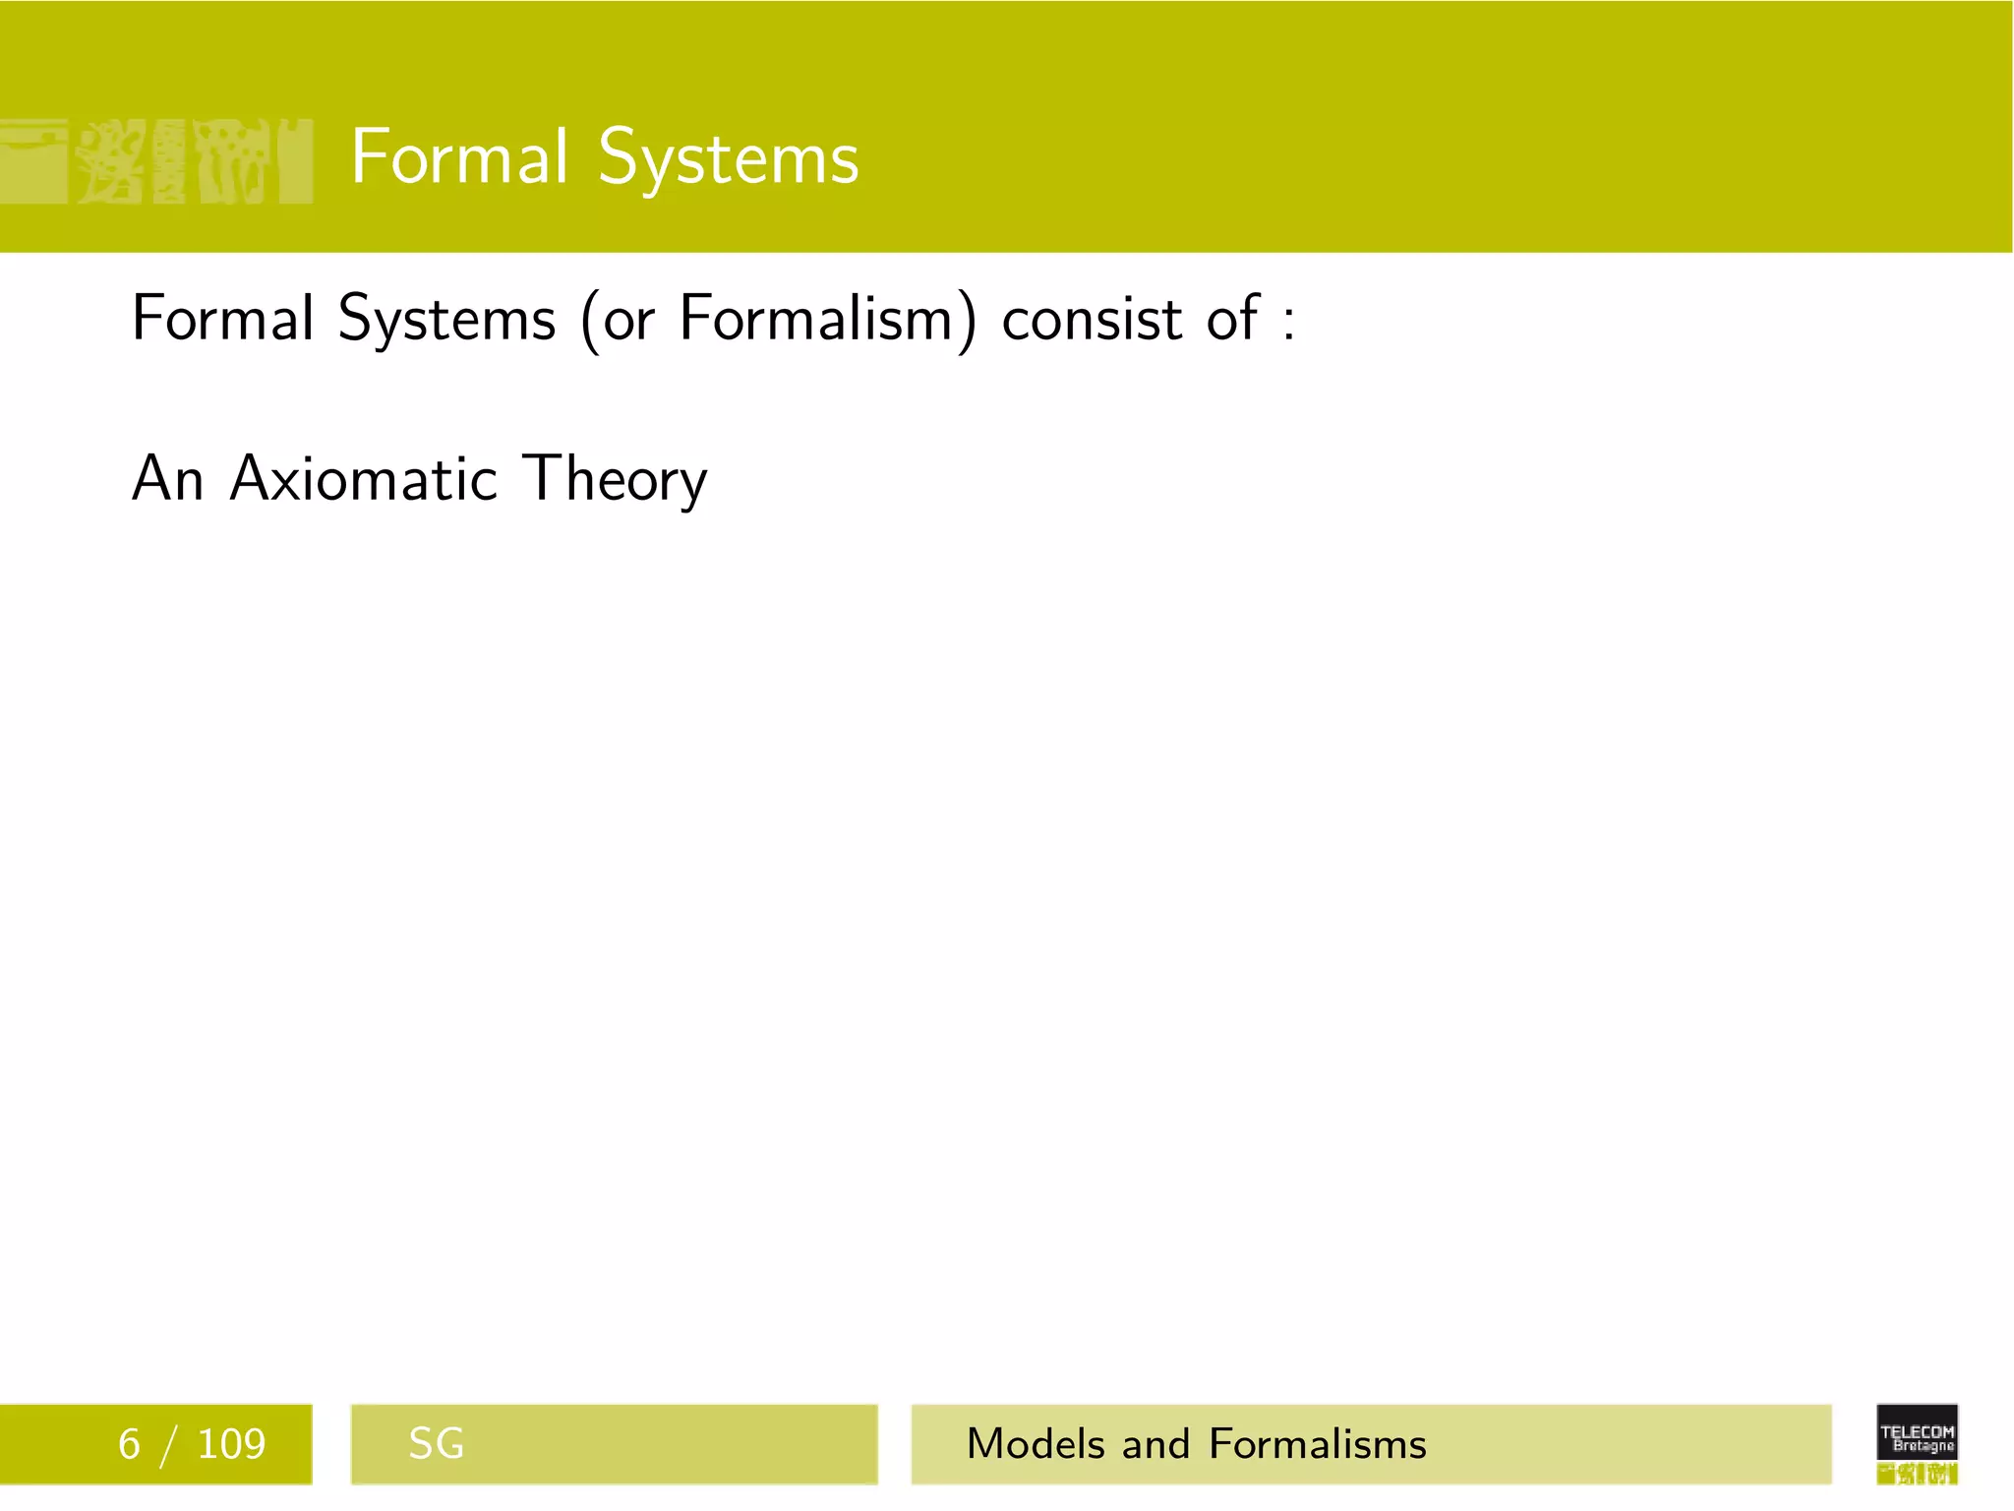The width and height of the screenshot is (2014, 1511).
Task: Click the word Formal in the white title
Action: click(459, 157)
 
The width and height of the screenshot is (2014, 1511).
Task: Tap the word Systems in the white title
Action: click(729, 159)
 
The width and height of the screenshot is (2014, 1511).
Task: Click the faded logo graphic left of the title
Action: click(157, 160)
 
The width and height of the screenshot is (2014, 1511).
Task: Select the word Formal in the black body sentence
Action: click(223, 319)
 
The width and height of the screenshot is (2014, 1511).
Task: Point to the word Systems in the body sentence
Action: click(446, 321)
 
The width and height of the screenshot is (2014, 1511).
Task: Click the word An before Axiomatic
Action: click(168, 479)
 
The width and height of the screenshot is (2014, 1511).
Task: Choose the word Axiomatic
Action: click(364, 479)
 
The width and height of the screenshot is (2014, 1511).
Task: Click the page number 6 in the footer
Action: click(129, 1444)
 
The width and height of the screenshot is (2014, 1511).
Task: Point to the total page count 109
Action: click(231, 1444)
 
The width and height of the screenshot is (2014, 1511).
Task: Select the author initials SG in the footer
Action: click(436, 1444)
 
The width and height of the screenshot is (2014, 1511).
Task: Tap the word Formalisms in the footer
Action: click(1318, 1444)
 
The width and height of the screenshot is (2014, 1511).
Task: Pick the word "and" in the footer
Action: click(1155, 1444)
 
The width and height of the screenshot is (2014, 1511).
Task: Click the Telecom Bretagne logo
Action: click(1917, 1443)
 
